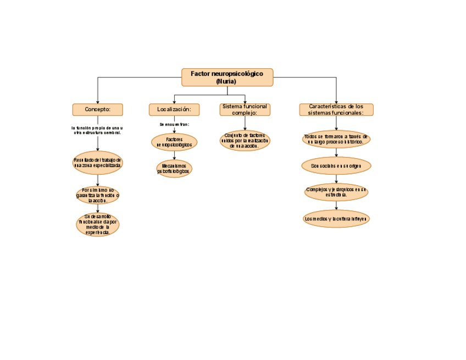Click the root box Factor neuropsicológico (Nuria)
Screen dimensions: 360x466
(x=227, y=77)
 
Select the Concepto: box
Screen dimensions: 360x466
(x=97, y=109)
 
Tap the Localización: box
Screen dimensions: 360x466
(x=174, y=110)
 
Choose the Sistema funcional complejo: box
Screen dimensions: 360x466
(x=245, y=109)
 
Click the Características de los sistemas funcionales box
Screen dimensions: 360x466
(x=336, y=109)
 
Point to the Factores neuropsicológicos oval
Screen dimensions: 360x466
(x=174, y=142)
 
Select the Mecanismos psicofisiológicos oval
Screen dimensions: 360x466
(x=174, y=168)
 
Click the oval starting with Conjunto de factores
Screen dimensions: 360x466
(x=245, y=141)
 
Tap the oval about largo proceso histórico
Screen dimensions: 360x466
(x=336, y=139)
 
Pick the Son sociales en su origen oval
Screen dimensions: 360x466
(x=336, y=165)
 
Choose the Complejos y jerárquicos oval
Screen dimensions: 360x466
(x=336, y=192)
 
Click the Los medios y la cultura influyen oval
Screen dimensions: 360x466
(x=336, y=219)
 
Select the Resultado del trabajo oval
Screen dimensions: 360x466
(x=97, y=163)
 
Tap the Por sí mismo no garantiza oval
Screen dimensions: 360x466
(x=97, y=195)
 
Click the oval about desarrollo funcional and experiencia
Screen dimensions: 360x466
(x=97, y=224)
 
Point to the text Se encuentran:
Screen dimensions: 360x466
(x=174, y=125)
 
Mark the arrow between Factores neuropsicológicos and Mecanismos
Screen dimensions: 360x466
(x=174, y=156)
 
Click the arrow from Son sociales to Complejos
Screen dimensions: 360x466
(x=336, y=179)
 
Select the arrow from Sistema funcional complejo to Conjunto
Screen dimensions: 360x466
(x=245, y=123)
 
